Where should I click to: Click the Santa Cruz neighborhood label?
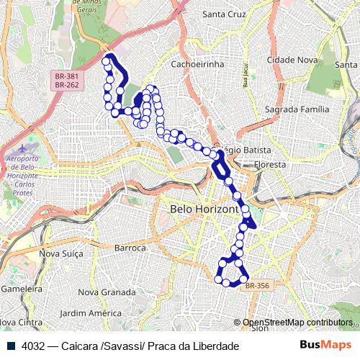(x=224, y=14)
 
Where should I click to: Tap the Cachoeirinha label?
(x=198, y=64)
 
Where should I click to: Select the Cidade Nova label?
(x=292, y=60)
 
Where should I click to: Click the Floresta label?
(x=269, y=165)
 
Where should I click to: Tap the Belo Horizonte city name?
(x=204, y=209)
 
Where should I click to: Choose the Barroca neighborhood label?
(x=130, y=248)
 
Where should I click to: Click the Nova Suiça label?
(x=61, y=253)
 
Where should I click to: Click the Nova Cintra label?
(x=20, y=322)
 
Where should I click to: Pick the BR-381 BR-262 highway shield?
(x=67, y=80)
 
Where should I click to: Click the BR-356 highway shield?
(x=257, y=286)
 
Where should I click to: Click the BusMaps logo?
(x=326, y=345)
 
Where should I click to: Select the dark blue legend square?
(x=9, y=346)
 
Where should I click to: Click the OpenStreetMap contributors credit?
(x=297, y=323)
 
